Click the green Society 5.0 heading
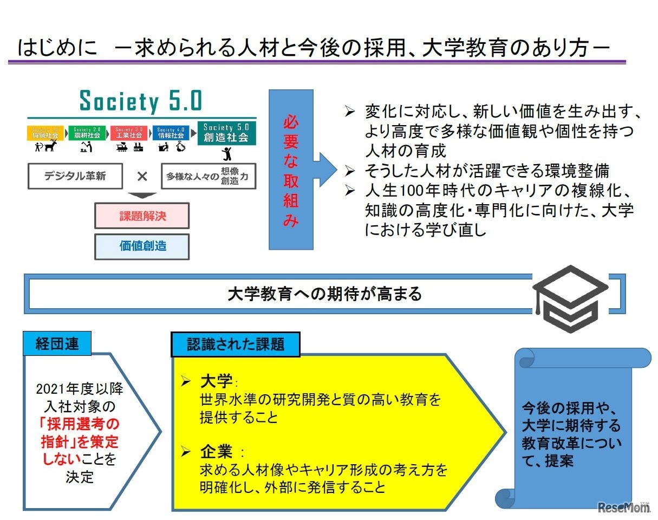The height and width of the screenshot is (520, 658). [x=140, y=101]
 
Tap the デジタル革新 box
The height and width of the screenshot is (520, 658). [x=75, y=176]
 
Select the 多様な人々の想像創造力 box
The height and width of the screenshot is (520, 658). [x=209, y=176]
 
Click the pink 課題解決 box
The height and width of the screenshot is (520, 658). [x=142, y=216]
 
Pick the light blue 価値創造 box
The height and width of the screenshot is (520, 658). [x=142, y=246]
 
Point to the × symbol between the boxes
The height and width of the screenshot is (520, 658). [x=142, y=176]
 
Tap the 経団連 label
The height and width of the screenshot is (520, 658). [x=57, y=344]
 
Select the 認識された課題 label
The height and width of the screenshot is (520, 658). [x=236, y=344]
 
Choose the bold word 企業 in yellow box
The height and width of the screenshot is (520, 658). [x=216, y=451]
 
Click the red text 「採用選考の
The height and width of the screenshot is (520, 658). [x=80, y=424]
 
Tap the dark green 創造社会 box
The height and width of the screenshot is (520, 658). [x=226, y=133]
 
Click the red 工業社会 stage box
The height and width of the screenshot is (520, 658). [x=129, y=133]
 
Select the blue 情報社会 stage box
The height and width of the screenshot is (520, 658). [x=171, y=133]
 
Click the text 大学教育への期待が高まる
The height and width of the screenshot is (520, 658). [x=324, y=294]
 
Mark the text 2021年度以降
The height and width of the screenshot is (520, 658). [x=80, y=389]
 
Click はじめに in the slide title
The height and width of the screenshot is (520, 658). [x=58, y=48]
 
